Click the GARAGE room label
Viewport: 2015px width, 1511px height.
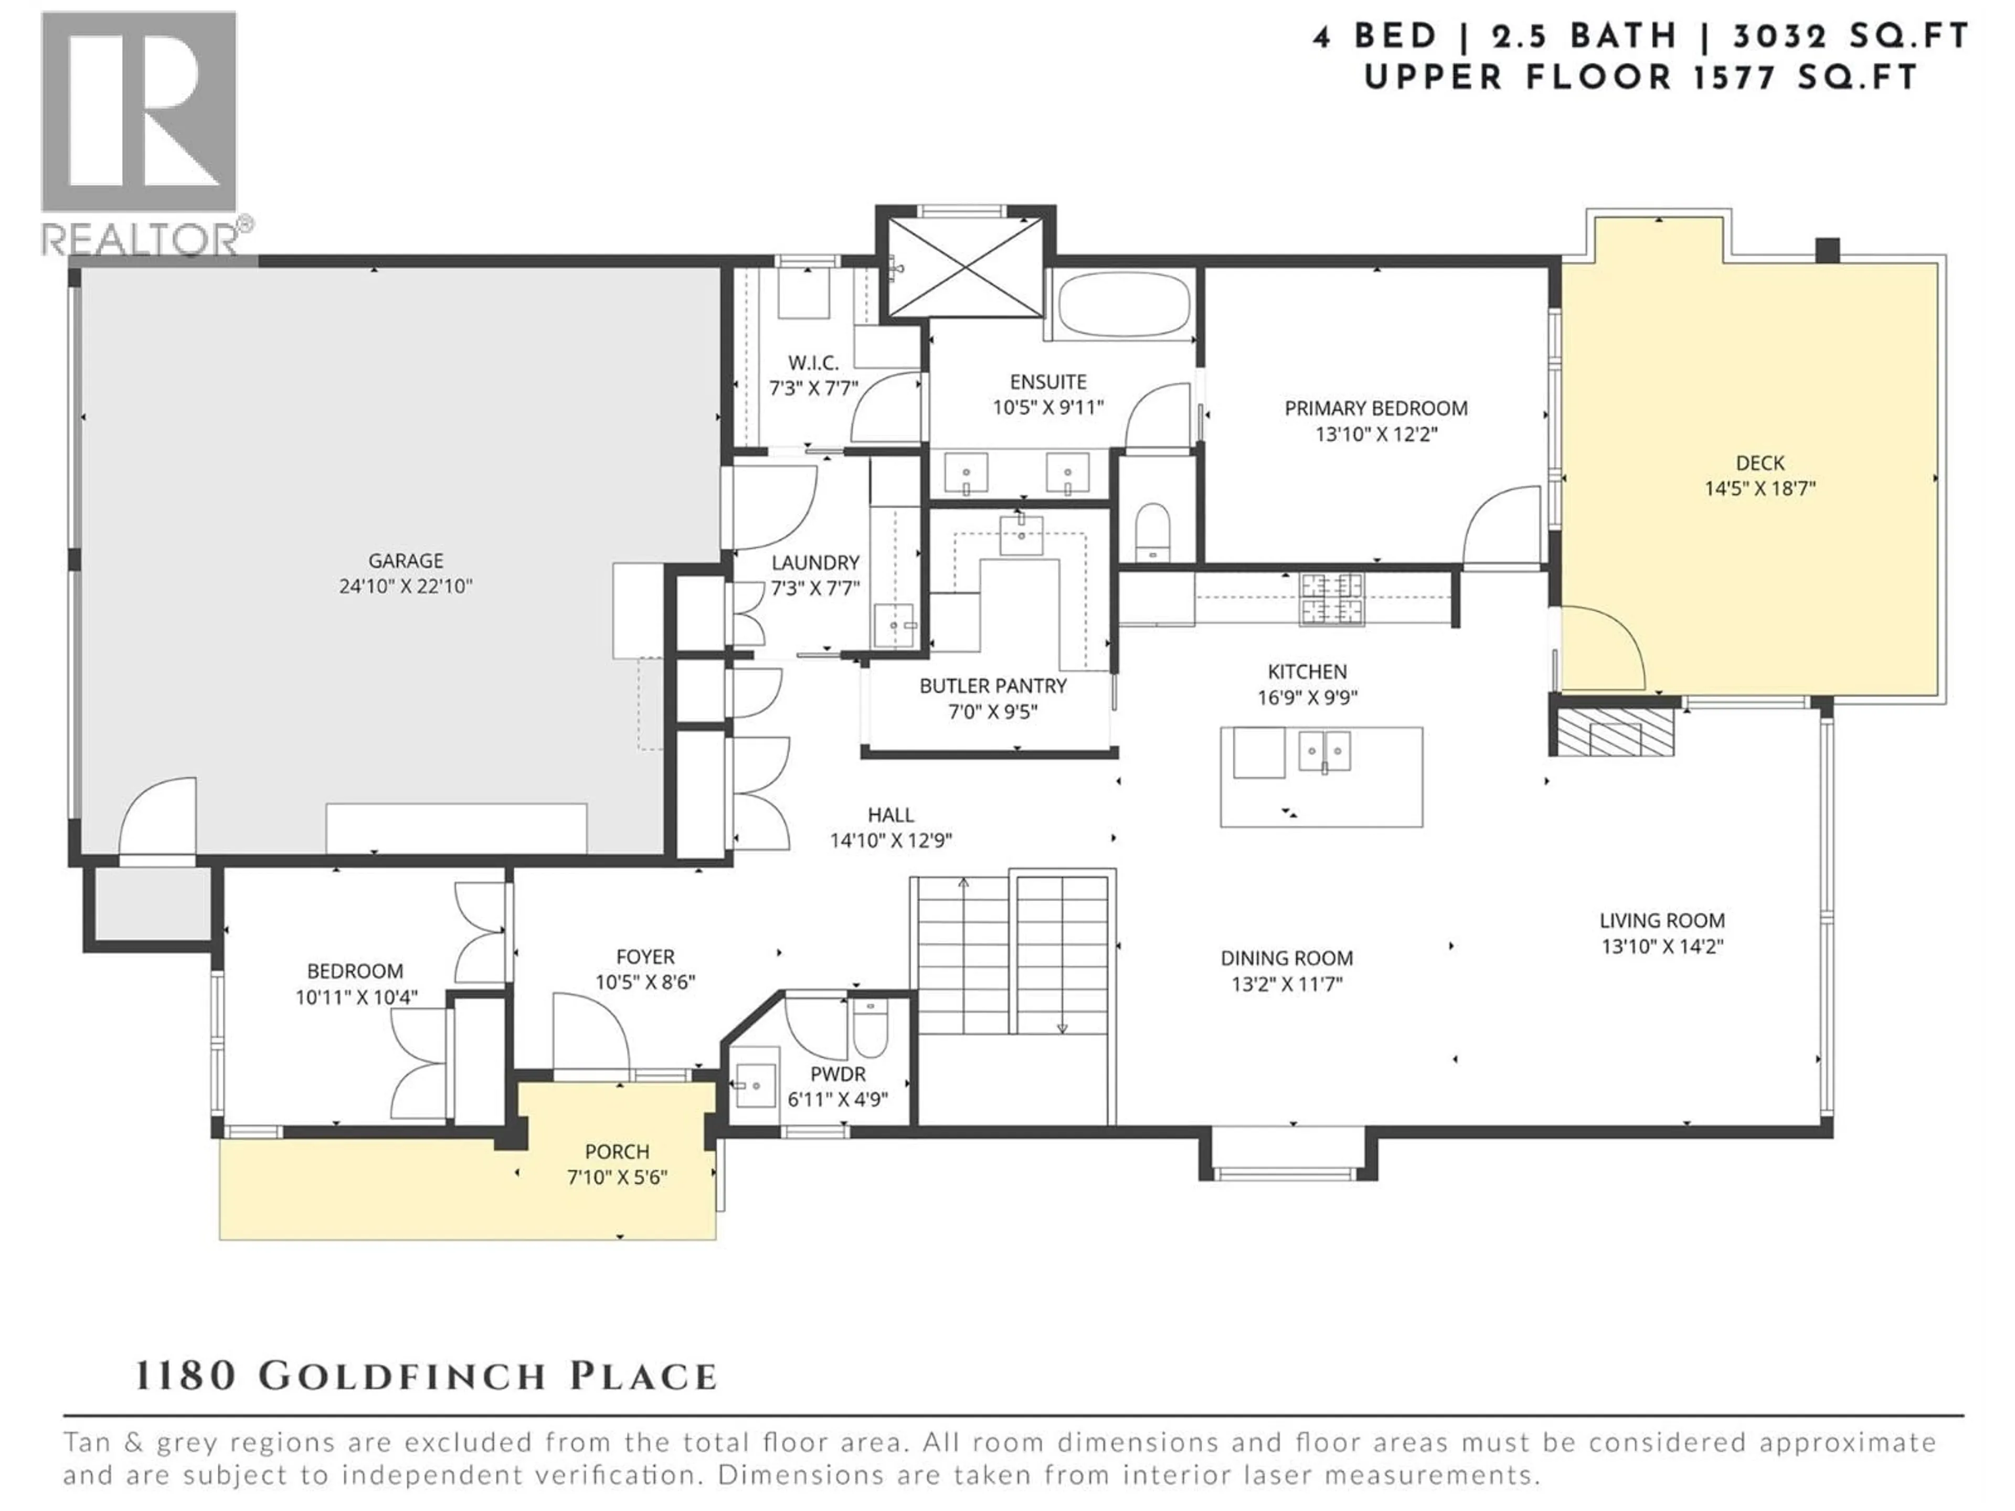point(406,561)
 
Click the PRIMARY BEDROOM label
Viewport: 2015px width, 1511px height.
point(1375,408)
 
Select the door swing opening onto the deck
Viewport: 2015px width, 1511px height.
point(1600,648)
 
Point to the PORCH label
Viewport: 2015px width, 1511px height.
point(617,1151)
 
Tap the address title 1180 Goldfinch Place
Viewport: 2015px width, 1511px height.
point(426,1376)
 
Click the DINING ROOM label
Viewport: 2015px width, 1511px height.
point(1286,958)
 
